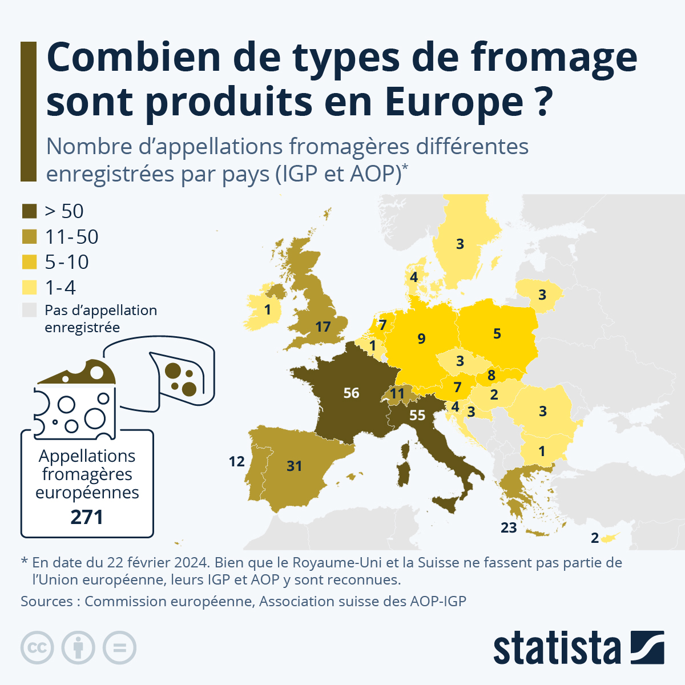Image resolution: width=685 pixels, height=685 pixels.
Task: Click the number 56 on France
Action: tap(351, 393)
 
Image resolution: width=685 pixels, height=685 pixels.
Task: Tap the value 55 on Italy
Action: tap(417, 415)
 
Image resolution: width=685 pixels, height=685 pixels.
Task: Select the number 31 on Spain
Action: tap(294, 466)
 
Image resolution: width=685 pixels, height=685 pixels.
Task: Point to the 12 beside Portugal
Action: tap(236, 461)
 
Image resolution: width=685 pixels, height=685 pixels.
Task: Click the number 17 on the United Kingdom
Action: tap(323, 327)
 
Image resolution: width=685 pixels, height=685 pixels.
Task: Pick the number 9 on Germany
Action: tap(421, 339)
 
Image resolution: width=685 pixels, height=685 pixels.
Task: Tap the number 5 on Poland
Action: tap(497, 333)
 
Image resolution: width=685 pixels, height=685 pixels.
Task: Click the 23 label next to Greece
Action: tap(509, 527)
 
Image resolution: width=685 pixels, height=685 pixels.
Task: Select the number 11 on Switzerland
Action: tap(397, 393)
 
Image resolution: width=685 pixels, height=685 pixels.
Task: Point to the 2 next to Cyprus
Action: tap(595, 538)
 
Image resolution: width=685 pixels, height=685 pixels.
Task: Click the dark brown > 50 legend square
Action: tap(29, 211)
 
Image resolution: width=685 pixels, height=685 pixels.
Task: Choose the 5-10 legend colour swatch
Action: tap(29, 262)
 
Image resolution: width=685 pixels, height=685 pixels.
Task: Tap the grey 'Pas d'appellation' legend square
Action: tap(29, 310)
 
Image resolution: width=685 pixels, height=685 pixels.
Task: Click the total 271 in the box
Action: tap(87, 517)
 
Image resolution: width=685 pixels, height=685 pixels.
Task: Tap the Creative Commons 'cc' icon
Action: tap(37, 648)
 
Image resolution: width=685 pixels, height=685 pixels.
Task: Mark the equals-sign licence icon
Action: tap(119, 648)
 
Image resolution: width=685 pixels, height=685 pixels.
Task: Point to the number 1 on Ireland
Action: tap(268, 310)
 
